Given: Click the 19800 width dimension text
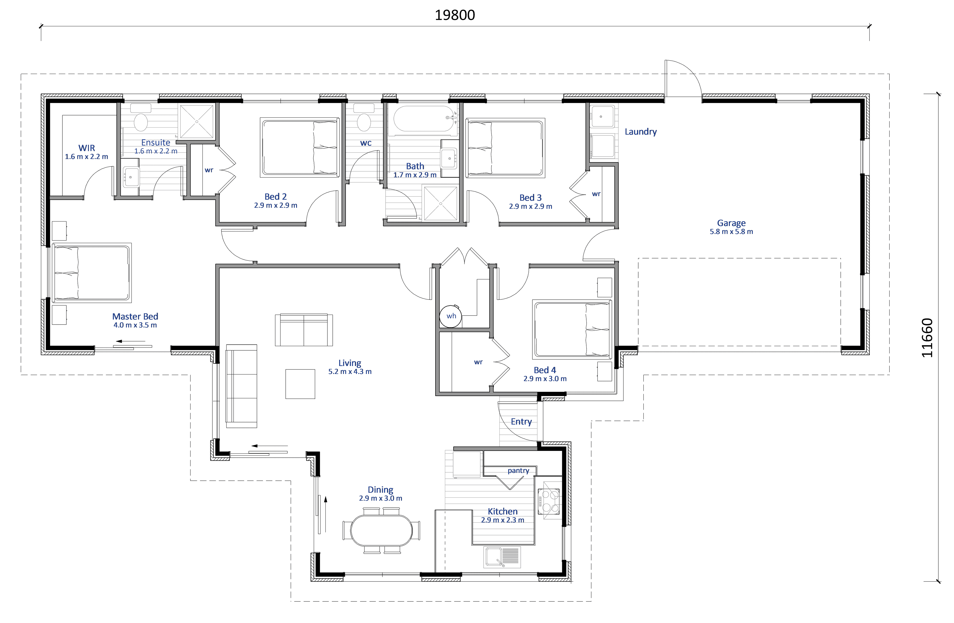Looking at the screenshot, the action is tap(455, 15).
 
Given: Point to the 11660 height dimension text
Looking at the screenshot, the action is tap(927, 338).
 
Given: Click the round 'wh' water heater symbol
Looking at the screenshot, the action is tap(451, 316).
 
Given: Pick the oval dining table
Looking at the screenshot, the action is tap(381, 530).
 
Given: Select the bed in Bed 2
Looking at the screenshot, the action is tap(300, 147).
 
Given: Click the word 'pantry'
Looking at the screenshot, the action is tap(518, 471).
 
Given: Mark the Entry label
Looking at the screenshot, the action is tap(521, 421).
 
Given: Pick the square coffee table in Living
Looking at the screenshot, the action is tap(300, 384).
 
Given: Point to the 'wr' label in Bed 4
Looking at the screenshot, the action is tap(478, 362).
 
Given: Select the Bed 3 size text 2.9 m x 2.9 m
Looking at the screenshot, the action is tap(530, 206).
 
